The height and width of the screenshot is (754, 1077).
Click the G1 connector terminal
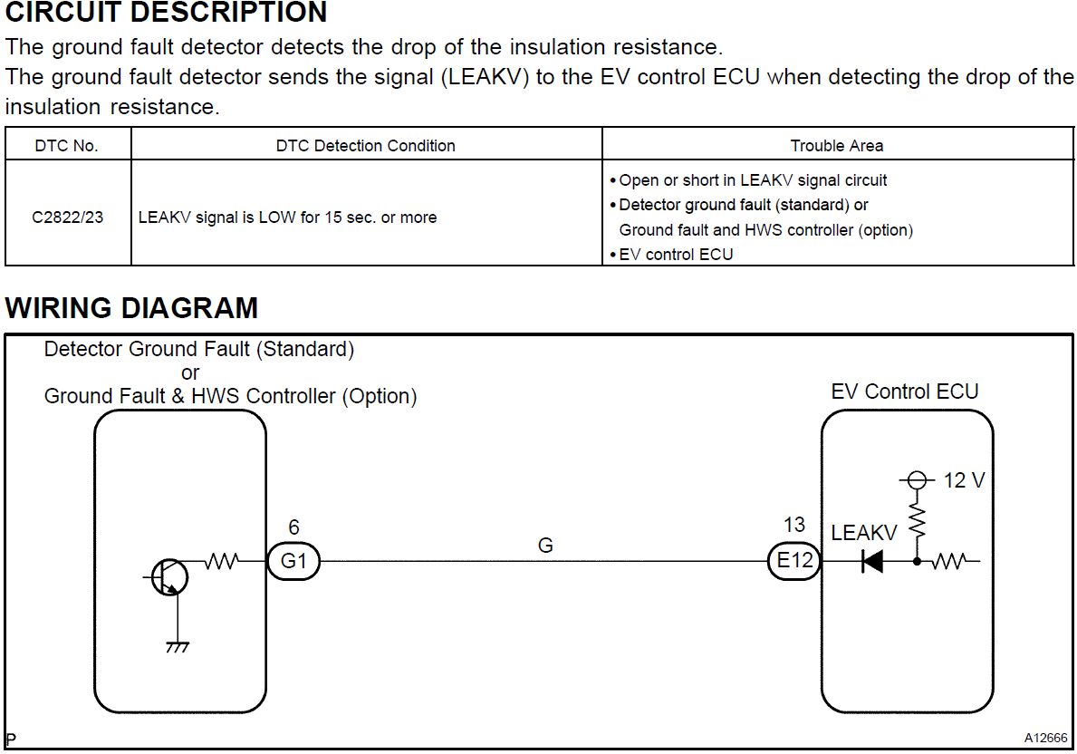click(x=293, y=561)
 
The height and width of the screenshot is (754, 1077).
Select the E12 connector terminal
click(x=795, y=561)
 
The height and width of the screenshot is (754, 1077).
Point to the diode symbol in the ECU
click(x=872, y=562)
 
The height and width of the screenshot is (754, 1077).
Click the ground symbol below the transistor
click(x=178, y=646)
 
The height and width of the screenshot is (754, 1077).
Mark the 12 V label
click(x=964, y=480)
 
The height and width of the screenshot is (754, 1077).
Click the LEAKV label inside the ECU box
click(x=863, y=534)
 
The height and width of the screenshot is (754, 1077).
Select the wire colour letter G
click(x=545, y=546)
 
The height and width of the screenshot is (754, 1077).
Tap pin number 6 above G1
click(x=293, y=527)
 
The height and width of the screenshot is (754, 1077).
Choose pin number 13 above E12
click(x=794, y=525)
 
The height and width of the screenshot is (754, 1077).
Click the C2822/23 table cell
click(x=68, y=217)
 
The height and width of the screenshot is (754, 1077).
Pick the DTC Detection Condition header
click(x=366, y=145)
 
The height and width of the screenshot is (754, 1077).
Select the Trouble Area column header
click(x=837, y=145)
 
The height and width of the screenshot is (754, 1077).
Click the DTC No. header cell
click(x=67, y=145)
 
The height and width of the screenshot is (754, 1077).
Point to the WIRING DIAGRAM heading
click(x=132, y=308)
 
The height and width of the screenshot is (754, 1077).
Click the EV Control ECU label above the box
click(x=905, y=391)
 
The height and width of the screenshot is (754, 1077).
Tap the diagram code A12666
click(x=1046, y=738)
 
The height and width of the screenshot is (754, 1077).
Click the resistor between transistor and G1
click(x=222, y=562)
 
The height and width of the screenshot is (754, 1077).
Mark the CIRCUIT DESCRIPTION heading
click(x=167, y=13)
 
